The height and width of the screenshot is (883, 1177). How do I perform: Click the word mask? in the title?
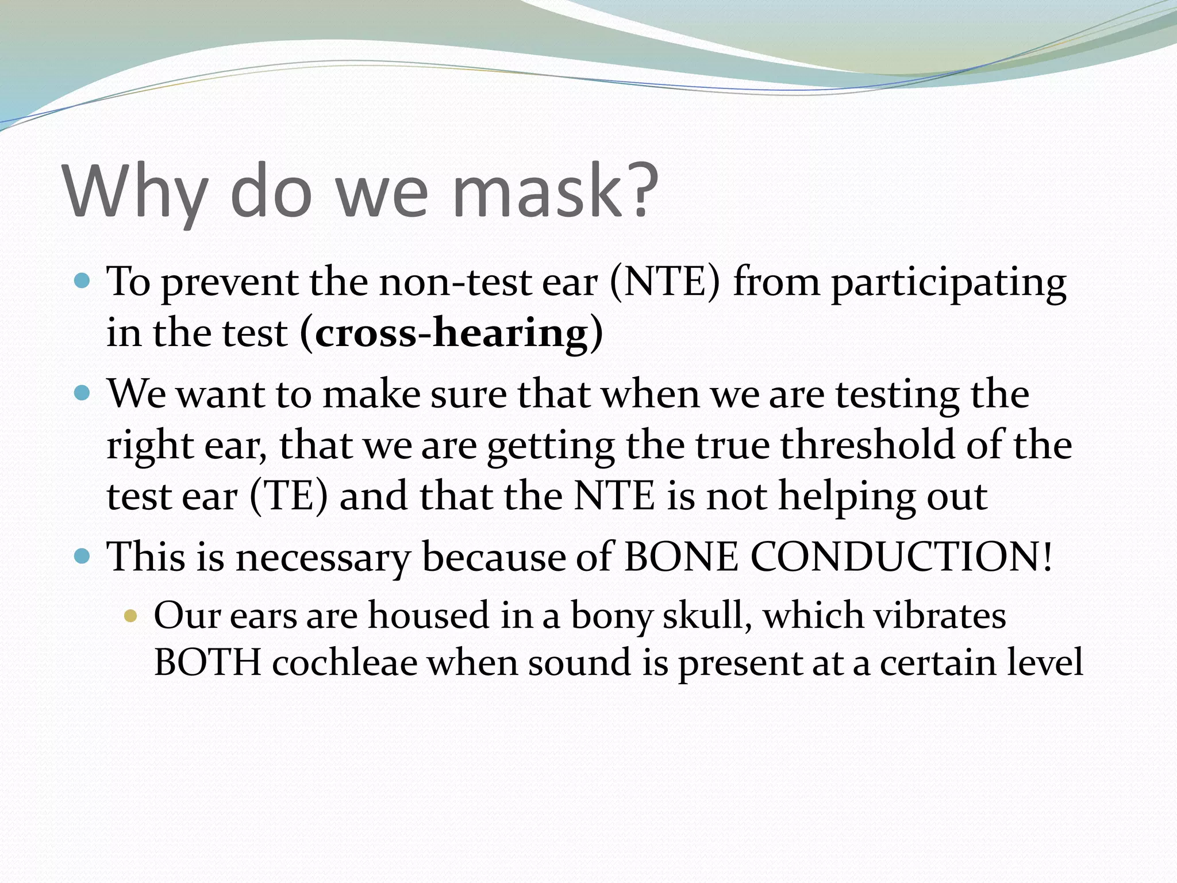click(555, 191)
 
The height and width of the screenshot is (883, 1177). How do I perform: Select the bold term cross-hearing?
click(452, 332)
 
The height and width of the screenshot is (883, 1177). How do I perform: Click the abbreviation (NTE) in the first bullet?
click(664, 282)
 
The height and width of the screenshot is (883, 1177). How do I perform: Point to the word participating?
click(948, 283)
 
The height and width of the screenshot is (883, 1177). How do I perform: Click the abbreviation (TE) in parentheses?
click(289, 496)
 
